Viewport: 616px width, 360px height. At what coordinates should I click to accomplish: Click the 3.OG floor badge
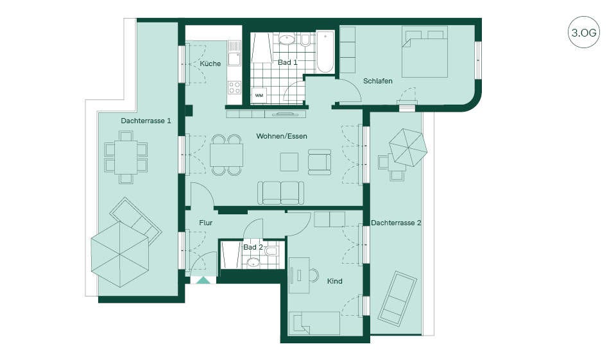[x=583, y=32]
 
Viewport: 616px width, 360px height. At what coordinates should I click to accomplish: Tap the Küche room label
[x=210, y=64]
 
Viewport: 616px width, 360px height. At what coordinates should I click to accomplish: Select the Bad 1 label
[x=287, y=62]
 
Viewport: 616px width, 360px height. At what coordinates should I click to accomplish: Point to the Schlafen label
[x=377, y=81]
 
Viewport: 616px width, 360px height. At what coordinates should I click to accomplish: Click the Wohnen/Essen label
[x=282, y=137]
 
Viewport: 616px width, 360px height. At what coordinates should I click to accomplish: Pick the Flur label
[x=205, y=223]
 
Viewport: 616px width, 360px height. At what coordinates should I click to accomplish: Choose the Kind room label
[x=335, y=282]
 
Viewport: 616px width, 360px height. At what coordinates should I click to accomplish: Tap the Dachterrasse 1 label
[x=146, y=121]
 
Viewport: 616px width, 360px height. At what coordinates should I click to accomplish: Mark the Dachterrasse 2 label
[x=396, y=223]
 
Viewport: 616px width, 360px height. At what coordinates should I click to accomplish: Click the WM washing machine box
[x=259, y=96]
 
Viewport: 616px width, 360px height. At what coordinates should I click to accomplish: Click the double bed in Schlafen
[x=425, y=51]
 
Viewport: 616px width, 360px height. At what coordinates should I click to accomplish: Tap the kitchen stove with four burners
[x=235, y=87]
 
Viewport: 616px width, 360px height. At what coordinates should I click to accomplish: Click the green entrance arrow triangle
[x=203, y=280]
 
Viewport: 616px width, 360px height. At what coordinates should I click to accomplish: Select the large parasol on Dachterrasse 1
[x=120, y=255]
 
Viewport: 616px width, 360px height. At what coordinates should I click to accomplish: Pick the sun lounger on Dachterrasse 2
[x=398, y=297]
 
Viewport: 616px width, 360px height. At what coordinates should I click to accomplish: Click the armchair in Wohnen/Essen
[x=320, y=162]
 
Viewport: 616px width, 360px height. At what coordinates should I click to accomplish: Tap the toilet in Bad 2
[x=271, y=251]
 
